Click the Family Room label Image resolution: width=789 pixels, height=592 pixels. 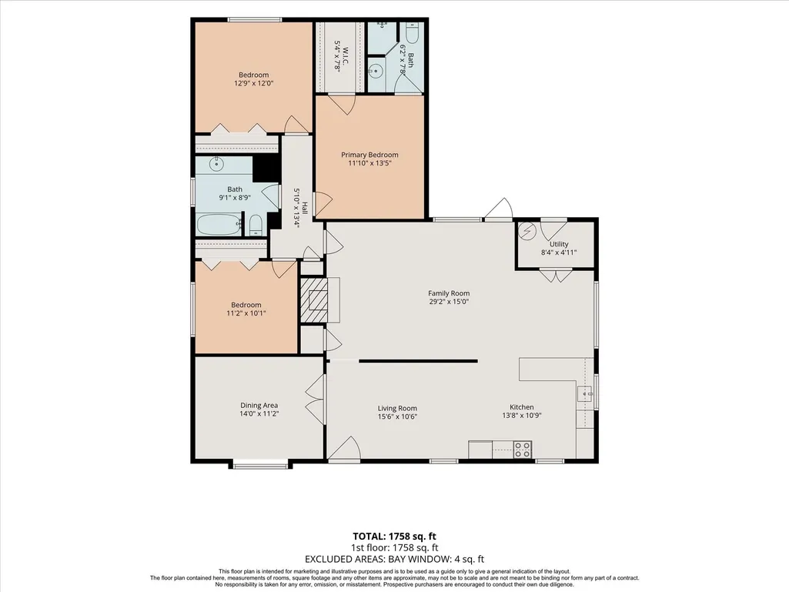pyautogui.click(x=449, y=293)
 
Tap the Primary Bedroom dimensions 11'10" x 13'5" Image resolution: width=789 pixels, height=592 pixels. pyautogui.click(x=369, y=163)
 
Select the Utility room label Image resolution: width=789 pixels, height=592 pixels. pyautogui.click(x=559, y=244)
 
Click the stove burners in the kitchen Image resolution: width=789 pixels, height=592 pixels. pyautogui.click(x=523, y=450)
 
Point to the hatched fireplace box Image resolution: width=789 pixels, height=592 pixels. pyautogui.click(x=313, y=300)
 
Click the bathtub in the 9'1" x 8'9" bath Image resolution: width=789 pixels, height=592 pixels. pyautogui.click(x=219, y=225)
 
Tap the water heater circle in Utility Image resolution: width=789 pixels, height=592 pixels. pyautogui.click(x=527, y=231)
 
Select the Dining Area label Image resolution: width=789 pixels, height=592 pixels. pyautogui.click(x=259, y=405)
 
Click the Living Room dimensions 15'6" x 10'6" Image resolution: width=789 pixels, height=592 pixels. pyautogui.click(x=397, y=416)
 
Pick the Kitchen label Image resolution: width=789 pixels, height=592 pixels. pyautogui.click(x=522, y=406)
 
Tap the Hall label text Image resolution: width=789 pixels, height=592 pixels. pyautogui.click(x=304, y=208)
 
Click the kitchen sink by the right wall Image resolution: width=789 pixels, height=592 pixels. pyautogui.click(x=585, y=394)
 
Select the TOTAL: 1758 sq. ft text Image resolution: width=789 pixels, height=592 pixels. pyautogui.click(x=391, y=536)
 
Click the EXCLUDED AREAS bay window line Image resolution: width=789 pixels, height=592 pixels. pyautogui.click(x=394, y=559)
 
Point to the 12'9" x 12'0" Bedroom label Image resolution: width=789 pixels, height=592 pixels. pyautogui.click(x=253, y=79)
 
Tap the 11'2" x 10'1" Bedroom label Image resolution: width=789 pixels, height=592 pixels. pyautogui.click(x=246, y=309)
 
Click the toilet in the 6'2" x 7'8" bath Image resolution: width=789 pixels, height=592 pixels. pyautogui.click(x=412, y=33)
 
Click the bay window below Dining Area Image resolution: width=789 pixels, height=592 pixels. pyautogui.click(x=260, y=465)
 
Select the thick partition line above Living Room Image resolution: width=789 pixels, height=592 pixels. pyautogui.click(x=418, y=361)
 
